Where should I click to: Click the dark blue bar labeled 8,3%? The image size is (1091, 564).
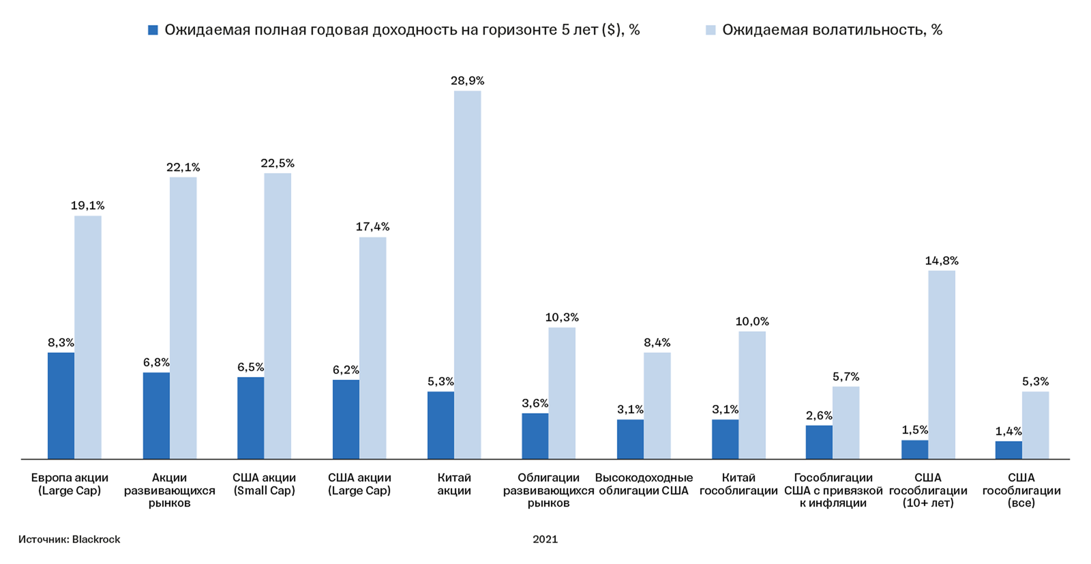click(x=61, y=405)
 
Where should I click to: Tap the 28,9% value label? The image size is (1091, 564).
click(x=467, y=80)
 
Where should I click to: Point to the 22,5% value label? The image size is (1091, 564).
click(x=278, y=163)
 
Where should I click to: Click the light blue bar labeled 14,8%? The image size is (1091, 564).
click(x=941, y=364)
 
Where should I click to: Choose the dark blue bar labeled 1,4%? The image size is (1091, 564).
click(x=1008, y=450)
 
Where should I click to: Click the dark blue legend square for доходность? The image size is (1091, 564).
click(x=153, y=30)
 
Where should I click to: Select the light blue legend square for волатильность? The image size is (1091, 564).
click(x=711, y=30)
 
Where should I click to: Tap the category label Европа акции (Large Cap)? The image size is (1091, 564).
click(x=70, y=484)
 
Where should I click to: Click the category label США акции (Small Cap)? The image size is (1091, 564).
click(x=264, y=484)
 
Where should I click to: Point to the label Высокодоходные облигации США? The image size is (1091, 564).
click(x=644, y=484)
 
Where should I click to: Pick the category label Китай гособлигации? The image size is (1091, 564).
click(x=738, y=484)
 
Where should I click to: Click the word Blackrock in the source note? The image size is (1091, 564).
click(x=96, y=539)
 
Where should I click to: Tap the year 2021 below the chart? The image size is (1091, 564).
click(x=545, y=539)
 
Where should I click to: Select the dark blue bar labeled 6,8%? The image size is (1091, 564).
click(x=156, y=415)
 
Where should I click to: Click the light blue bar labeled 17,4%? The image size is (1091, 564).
click(x=372, y=348)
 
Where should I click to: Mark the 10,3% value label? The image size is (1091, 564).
click(x=562, y=317)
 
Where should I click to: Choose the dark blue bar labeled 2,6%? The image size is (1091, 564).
click(x=818, y=442)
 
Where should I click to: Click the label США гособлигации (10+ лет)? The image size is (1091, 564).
click(x=927, y=490)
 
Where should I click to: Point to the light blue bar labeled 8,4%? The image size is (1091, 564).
click(x=657, y=405)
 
